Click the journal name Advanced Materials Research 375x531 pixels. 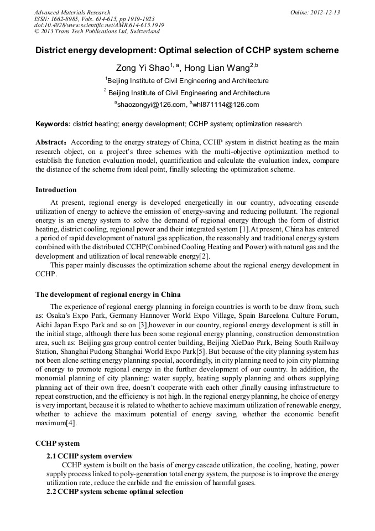click(72, 12)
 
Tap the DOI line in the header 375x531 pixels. click(99, 25)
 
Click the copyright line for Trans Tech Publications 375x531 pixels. click(97, 32)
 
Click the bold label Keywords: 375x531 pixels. click(53, 124)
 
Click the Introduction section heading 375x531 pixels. click(56, 190)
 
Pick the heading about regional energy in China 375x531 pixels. click(108, 294)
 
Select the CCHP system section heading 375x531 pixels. click(58, 444)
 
